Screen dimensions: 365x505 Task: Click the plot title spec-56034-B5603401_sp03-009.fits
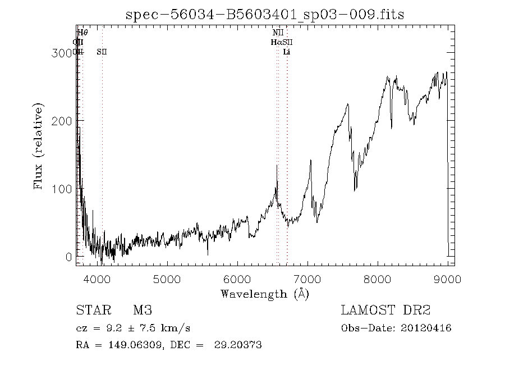pos(265,15)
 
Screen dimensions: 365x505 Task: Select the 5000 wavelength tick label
pos(167,278)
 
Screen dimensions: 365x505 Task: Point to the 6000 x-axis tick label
pos(237,278)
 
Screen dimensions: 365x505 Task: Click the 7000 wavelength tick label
pos(307,278)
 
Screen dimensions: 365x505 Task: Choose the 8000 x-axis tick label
pos(377,278)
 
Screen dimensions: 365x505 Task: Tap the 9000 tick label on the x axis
pos(447,278)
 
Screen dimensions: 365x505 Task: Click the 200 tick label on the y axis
pos(62,121)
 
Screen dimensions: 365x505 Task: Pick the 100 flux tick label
pos(62,189)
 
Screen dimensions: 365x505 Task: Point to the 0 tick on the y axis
pos(68,257)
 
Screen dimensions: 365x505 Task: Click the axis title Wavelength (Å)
pos(265,294)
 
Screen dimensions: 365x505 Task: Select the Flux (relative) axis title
pos(39,146)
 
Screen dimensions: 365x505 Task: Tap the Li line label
pos(287,52)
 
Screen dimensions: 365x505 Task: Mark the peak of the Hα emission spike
pos(277,166)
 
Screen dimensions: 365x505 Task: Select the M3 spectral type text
pos(142,311)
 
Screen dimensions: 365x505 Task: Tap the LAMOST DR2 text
pos(385,311)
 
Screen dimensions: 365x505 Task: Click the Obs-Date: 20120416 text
pos(396,328)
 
